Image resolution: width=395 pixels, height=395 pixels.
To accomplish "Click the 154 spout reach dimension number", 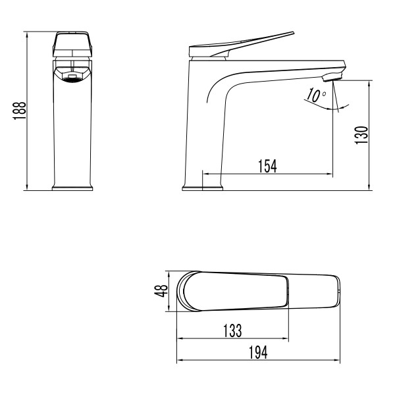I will [x=266, y=166].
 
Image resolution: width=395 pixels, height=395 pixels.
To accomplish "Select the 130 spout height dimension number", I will [x=360, y=135].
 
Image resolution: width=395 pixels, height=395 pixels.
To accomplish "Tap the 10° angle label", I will [x=317, y=95].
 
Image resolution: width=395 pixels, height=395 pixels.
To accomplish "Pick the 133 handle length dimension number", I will [x=231, y=330].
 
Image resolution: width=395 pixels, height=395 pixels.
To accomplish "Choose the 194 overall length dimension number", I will [x=259, y=353].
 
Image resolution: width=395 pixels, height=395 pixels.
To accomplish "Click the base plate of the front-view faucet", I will [x=72, y=188].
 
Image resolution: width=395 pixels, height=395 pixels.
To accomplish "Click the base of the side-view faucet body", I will [x=202, y=187].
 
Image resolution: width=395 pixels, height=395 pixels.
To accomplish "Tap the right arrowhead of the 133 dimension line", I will [x=286, y=339].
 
